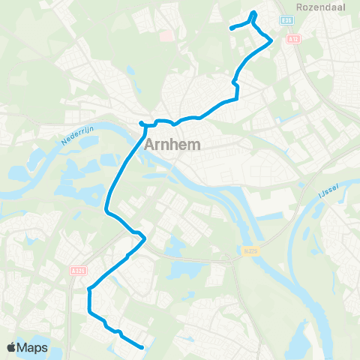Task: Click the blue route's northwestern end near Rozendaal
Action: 231,28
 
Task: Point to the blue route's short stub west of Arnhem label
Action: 141,123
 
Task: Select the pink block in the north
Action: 166,34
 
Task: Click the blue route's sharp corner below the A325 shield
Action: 89,288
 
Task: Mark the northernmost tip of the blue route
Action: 254,12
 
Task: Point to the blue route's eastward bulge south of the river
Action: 142,239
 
